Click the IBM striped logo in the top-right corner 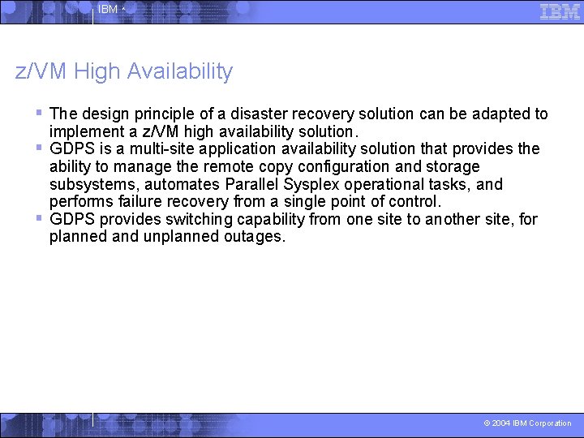[x=560, y=11]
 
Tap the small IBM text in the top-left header [x=107, y=10]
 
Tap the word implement [x=88, y=131]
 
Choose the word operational [x=392, y=184]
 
